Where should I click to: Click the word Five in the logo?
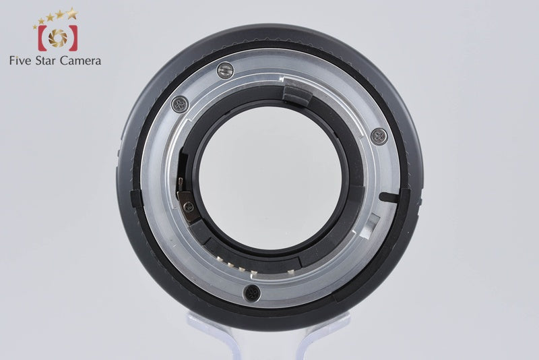coord(20,61)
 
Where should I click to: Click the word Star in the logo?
coord(45,61)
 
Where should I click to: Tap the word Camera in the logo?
coord(80,61)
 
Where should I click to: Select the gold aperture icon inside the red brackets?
coord(58,38)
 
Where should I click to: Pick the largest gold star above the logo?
coord(72,13)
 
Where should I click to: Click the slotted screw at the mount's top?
coord(226,71)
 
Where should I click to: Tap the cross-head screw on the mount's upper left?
coord(180,104)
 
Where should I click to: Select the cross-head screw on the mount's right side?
coord(379,136)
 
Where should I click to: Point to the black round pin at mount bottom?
coord(252,294)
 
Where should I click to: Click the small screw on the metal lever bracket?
coord(189,207)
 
